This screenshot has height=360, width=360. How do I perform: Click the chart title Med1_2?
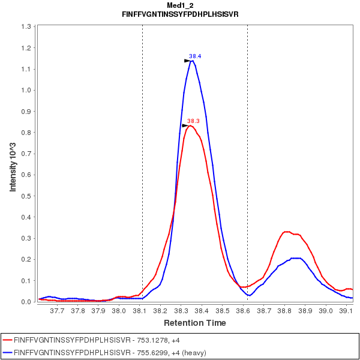click(180, 5)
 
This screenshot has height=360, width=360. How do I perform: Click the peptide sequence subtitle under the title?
click(180, 14)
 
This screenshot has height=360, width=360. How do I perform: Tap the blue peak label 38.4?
click(195, 56)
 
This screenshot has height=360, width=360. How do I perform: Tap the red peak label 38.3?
click(193, 121)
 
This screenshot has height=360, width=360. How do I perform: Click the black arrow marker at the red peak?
click(185, 125)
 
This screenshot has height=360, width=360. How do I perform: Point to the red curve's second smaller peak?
click(287, 232)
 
